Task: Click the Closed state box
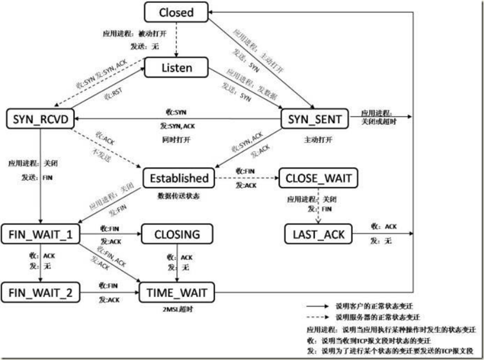pos(176,12)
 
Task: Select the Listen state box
pos(176,68)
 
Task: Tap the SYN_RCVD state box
pos(38,118)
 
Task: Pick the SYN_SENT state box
pos(315,118)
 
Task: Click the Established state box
pos(179,178)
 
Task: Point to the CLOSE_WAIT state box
pos(318,178)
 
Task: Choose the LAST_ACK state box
pos(318,233)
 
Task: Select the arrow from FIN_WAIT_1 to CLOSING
pos(111,234)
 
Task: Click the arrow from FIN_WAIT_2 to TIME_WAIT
pos(111,293)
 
